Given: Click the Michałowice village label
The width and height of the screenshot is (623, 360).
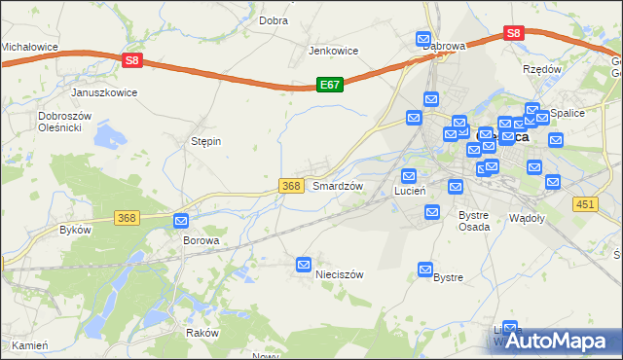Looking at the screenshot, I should (x=29, y=46).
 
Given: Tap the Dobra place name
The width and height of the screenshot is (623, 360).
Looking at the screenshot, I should (x=273, y=19).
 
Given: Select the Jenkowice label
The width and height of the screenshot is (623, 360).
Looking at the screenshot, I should (x=334, y=51).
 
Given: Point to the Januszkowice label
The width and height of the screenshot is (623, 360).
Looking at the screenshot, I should (x=104, y=92).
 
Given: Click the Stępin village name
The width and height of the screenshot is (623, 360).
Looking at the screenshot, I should (x=205, y=141).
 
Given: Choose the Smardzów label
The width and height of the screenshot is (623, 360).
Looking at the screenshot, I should (x=337, y=185).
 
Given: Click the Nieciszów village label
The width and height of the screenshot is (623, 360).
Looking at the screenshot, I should (x=340, y=274).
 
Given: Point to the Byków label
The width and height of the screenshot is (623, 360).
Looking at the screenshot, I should (x=75, y=230).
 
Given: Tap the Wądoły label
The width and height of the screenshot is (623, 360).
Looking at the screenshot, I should (x=527, y=218).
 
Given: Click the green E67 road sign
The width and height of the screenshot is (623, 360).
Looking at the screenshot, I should (x=330, y=86).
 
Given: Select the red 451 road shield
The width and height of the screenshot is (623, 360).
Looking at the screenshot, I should (x=585, y=203).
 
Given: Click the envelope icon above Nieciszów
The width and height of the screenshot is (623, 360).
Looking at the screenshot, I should (x=304, y=264).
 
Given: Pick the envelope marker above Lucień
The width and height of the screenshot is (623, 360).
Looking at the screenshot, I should (x=409, y=176).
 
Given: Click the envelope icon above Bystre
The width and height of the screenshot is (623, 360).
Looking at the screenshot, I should (x=425, y=269).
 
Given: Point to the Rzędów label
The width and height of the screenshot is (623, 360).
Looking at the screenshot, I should (x=542, y=69).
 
